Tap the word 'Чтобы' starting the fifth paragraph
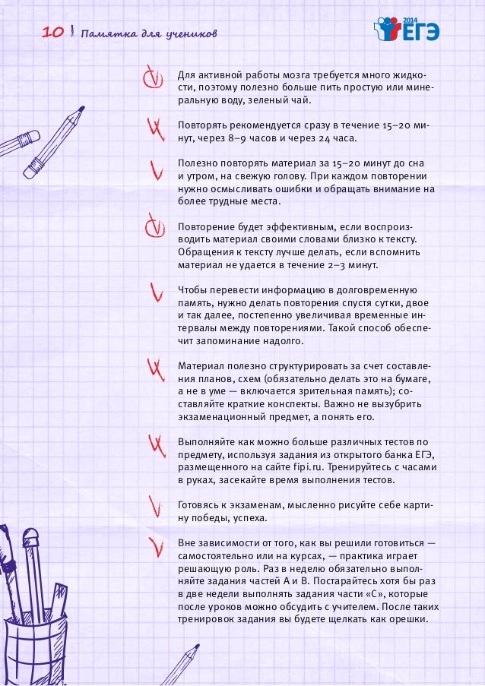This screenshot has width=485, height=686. coord(191,290)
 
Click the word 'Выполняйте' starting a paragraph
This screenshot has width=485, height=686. coord(204,441)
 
